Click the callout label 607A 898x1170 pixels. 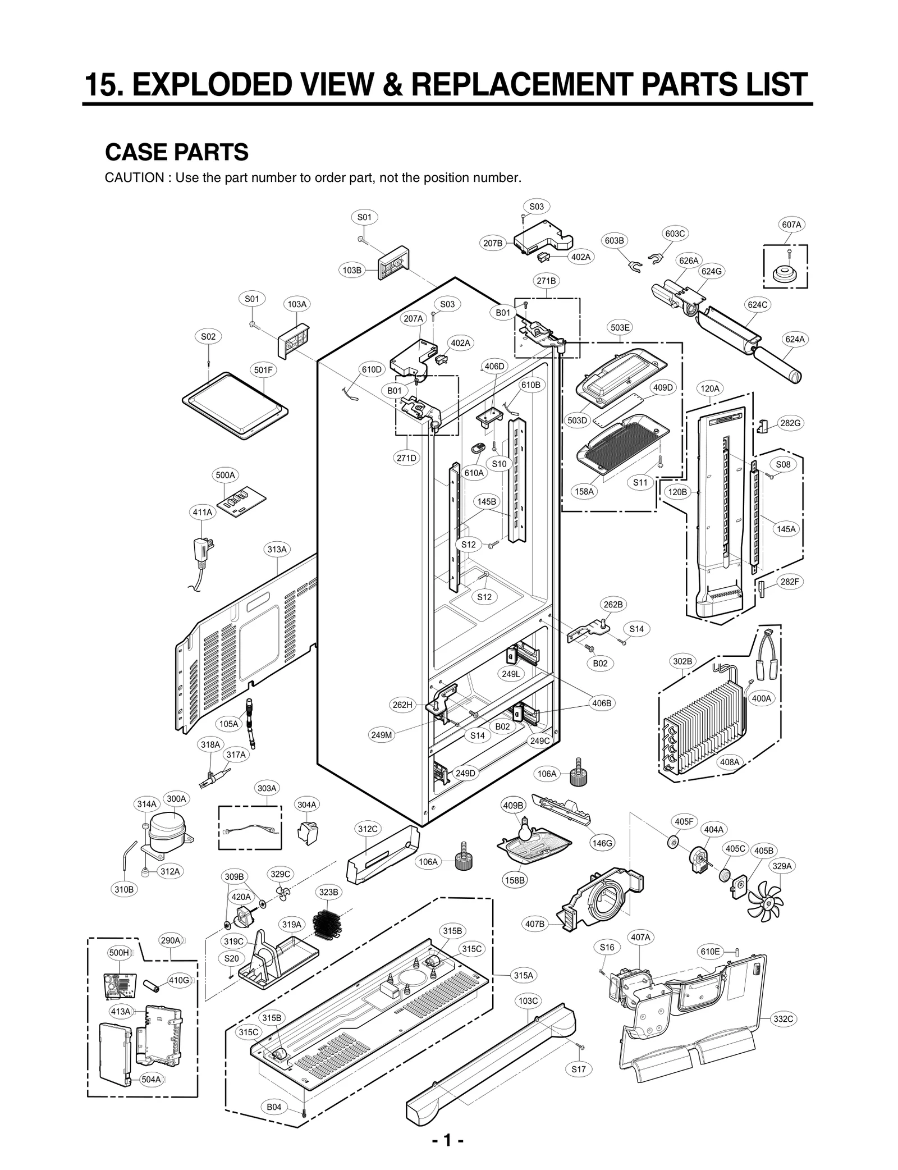tap(791, 225)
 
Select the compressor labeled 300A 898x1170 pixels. tap(166, 829)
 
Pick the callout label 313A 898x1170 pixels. tap(277, 549)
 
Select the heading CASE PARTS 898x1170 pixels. tap(177, 152)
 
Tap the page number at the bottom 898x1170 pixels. tap(447, 1141)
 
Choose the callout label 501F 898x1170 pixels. tap(263, 370)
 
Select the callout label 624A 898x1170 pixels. tap(795, 339)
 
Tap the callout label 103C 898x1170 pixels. tap(528, 1000)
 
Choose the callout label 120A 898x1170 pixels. tap(710, 388)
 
